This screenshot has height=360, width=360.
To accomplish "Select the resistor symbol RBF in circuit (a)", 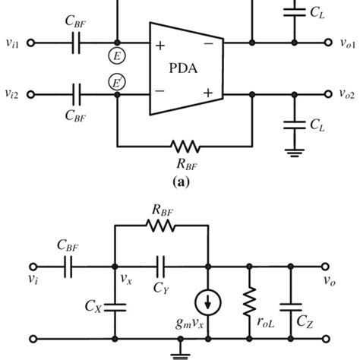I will coord(184,144).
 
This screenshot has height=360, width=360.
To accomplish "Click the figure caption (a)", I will coord(181,182).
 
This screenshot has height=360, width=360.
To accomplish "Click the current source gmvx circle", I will coord(208,303).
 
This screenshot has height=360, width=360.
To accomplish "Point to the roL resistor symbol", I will coord(248,303).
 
